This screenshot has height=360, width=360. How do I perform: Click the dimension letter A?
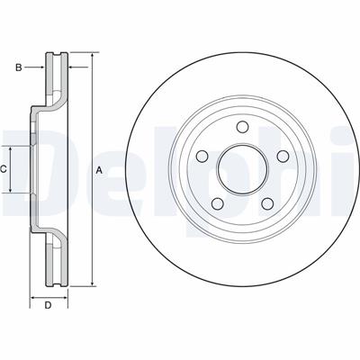(x=99, y=171)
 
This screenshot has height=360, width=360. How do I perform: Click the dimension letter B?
(x=19, y=67)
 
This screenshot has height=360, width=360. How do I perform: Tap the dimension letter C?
(x=3, y=169)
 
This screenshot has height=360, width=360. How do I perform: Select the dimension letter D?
(x=48, y=305)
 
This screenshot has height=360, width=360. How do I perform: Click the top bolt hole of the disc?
(x=242, y=127)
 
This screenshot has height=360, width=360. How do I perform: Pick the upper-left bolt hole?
(x=202, y=156)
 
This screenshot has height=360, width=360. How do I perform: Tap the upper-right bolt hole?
(x=283, y=156)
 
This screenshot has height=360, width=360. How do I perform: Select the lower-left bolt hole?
(x=218, y=203)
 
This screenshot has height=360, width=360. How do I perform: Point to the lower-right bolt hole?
(x=267, y=203)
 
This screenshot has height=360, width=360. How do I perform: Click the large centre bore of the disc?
(x=242, y=169)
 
